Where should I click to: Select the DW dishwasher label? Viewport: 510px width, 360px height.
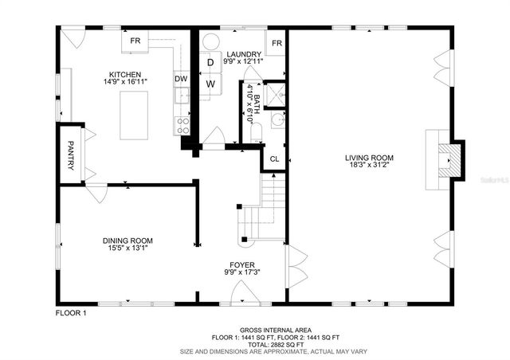(x=181, y=79)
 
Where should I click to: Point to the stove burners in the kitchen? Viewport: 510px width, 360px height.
(x=182, y=124)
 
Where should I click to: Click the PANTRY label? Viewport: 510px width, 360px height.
(x=70, y=155)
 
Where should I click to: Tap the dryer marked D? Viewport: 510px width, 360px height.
(x=210, y=62)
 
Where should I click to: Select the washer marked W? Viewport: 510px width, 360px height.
(x=211, y=83)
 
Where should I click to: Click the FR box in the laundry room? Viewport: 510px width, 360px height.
(x=277, y=44)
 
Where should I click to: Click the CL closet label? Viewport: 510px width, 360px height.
(x=274, y=159)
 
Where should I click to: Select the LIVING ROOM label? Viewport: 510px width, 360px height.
(x=369, y=158)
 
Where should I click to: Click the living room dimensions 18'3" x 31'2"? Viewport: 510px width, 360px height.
(x=369, y=166)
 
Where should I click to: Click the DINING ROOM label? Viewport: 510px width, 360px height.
(x=127, y=241)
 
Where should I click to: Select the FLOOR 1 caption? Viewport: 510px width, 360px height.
(x=71, y=313)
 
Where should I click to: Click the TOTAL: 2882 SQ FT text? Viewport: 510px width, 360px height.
(x=275, y=344)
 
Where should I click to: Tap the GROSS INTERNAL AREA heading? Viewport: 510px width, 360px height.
(x=275, y=331)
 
